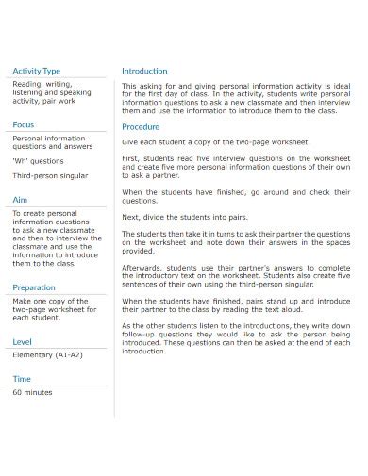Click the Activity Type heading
tap(37, 71)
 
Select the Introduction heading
tap(144, 71)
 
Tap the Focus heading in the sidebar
tap(24, 124)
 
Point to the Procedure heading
tap(141, 126)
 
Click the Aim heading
tap(20, 200)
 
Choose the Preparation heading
tap(34, 287)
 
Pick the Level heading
tap(23, 340)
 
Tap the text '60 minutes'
tap(32, 392)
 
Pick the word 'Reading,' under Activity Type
tap(27, 84)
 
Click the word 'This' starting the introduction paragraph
tap(130, 86)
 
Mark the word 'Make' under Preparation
tap(22, 302)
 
